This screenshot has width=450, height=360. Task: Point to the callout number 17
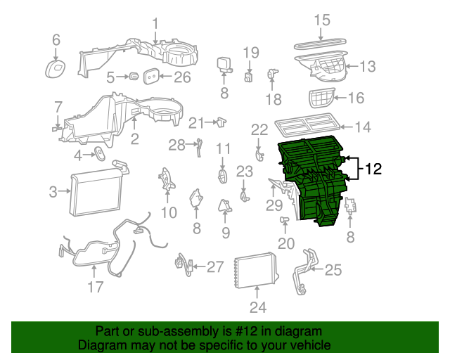point(95,287)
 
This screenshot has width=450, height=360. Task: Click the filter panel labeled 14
point(307,127)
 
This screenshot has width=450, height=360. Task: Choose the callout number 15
point(321,20)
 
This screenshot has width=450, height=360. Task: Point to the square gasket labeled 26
point(151,77)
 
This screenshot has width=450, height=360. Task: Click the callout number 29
point(274,206)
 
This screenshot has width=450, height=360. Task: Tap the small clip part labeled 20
point(285,221)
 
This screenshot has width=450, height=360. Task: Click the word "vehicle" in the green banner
point(307,346)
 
